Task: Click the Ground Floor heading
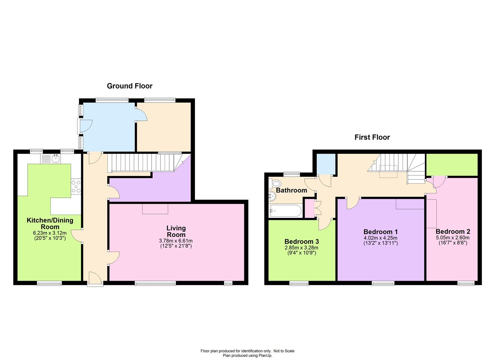coord(129,86)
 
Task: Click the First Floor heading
coord(372,137)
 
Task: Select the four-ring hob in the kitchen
coord(76,187)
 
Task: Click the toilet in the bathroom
coord(275,183)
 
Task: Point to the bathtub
coord(285,211)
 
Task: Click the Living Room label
coord(176,231)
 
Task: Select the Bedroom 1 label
coord(381,232)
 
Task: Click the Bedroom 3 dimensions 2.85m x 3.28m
coord(301,248)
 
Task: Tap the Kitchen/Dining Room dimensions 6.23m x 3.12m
coord(50,233)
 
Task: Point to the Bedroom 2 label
coord(453,231)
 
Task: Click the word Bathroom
coord(291,190)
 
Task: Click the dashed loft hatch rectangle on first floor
coord(388,171)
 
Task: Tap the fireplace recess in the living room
coord(155,209)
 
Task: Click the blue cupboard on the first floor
coord(326,164)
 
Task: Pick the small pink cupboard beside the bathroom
coord(310,208)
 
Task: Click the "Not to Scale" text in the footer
coord(284,351)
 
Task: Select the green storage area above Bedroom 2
coord(452,165)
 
